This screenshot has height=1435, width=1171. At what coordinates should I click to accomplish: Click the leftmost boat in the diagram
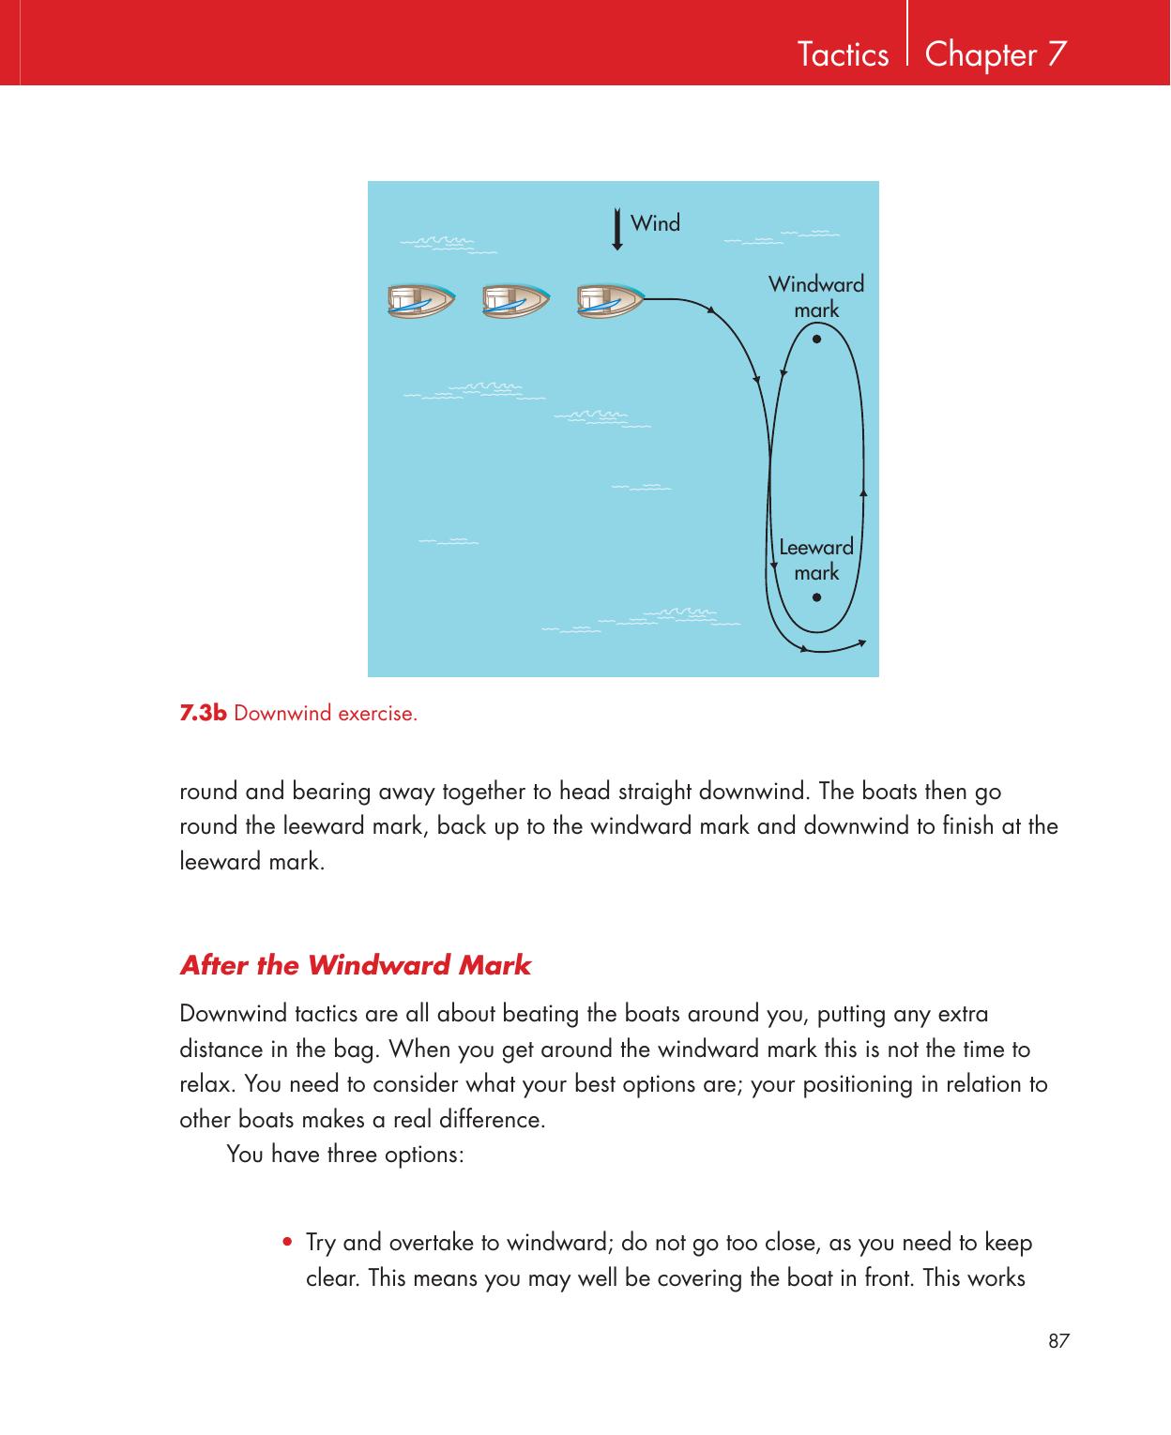click(x=420, y=299)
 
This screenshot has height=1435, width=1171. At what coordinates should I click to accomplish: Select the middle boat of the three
click(x=515, y=299)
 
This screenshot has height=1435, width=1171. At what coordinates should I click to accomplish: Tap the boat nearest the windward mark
click(x=610, y=299)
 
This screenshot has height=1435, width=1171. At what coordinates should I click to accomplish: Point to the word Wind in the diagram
click(x=655, y=223)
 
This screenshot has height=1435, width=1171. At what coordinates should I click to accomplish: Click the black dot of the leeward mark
click(x=817, y=597)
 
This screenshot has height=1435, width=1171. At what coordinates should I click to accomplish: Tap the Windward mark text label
click(x=816, y=296)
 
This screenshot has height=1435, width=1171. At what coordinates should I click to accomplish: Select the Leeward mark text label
click(x=816, y=559)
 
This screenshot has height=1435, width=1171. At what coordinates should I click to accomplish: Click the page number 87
click(x=1058, y=1341)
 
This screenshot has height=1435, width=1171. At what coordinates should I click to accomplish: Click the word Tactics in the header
click(x=842, y=55)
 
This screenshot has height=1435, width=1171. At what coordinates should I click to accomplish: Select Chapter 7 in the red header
click(x=995, y=55)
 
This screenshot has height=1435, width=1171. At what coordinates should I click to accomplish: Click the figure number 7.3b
click(x=204, y=713)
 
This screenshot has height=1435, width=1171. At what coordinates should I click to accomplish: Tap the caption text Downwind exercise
click(x=326, y=714)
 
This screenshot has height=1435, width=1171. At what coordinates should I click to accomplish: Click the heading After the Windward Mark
click(x=355, y=965)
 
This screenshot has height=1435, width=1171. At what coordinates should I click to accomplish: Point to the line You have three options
click(x=344, y=1154)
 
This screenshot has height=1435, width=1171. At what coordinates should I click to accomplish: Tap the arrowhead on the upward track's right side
click(x=862, y=491)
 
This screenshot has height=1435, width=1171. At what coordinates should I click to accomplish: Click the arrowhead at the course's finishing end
click(x=862, y=642)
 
